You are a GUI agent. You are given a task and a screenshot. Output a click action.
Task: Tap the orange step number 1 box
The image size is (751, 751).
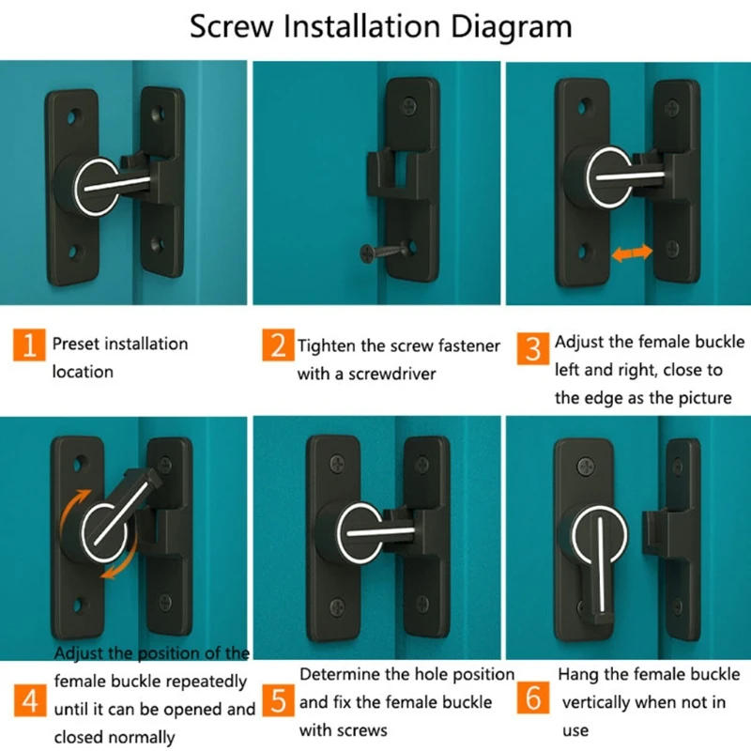click(30, 345)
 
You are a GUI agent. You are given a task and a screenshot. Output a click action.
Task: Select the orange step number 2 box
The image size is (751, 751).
click(279, 345)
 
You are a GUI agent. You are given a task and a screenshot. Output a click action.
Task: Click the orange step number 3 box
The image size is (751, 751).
click(533, 349)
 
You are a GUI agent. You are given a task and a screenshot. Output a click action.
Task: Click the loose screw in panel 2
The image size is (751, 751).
click(386, 251)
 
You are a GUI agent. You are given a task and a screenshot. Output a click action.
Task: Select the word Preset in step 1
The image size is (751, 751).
click(75, 345)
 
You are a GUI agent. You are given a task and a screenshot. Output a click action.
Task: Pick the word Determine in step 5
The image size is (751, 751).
click(342, 674)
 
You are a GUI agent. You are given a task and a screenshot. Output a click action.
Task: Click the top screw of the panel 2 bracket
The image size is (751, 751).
click(407, 106)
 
